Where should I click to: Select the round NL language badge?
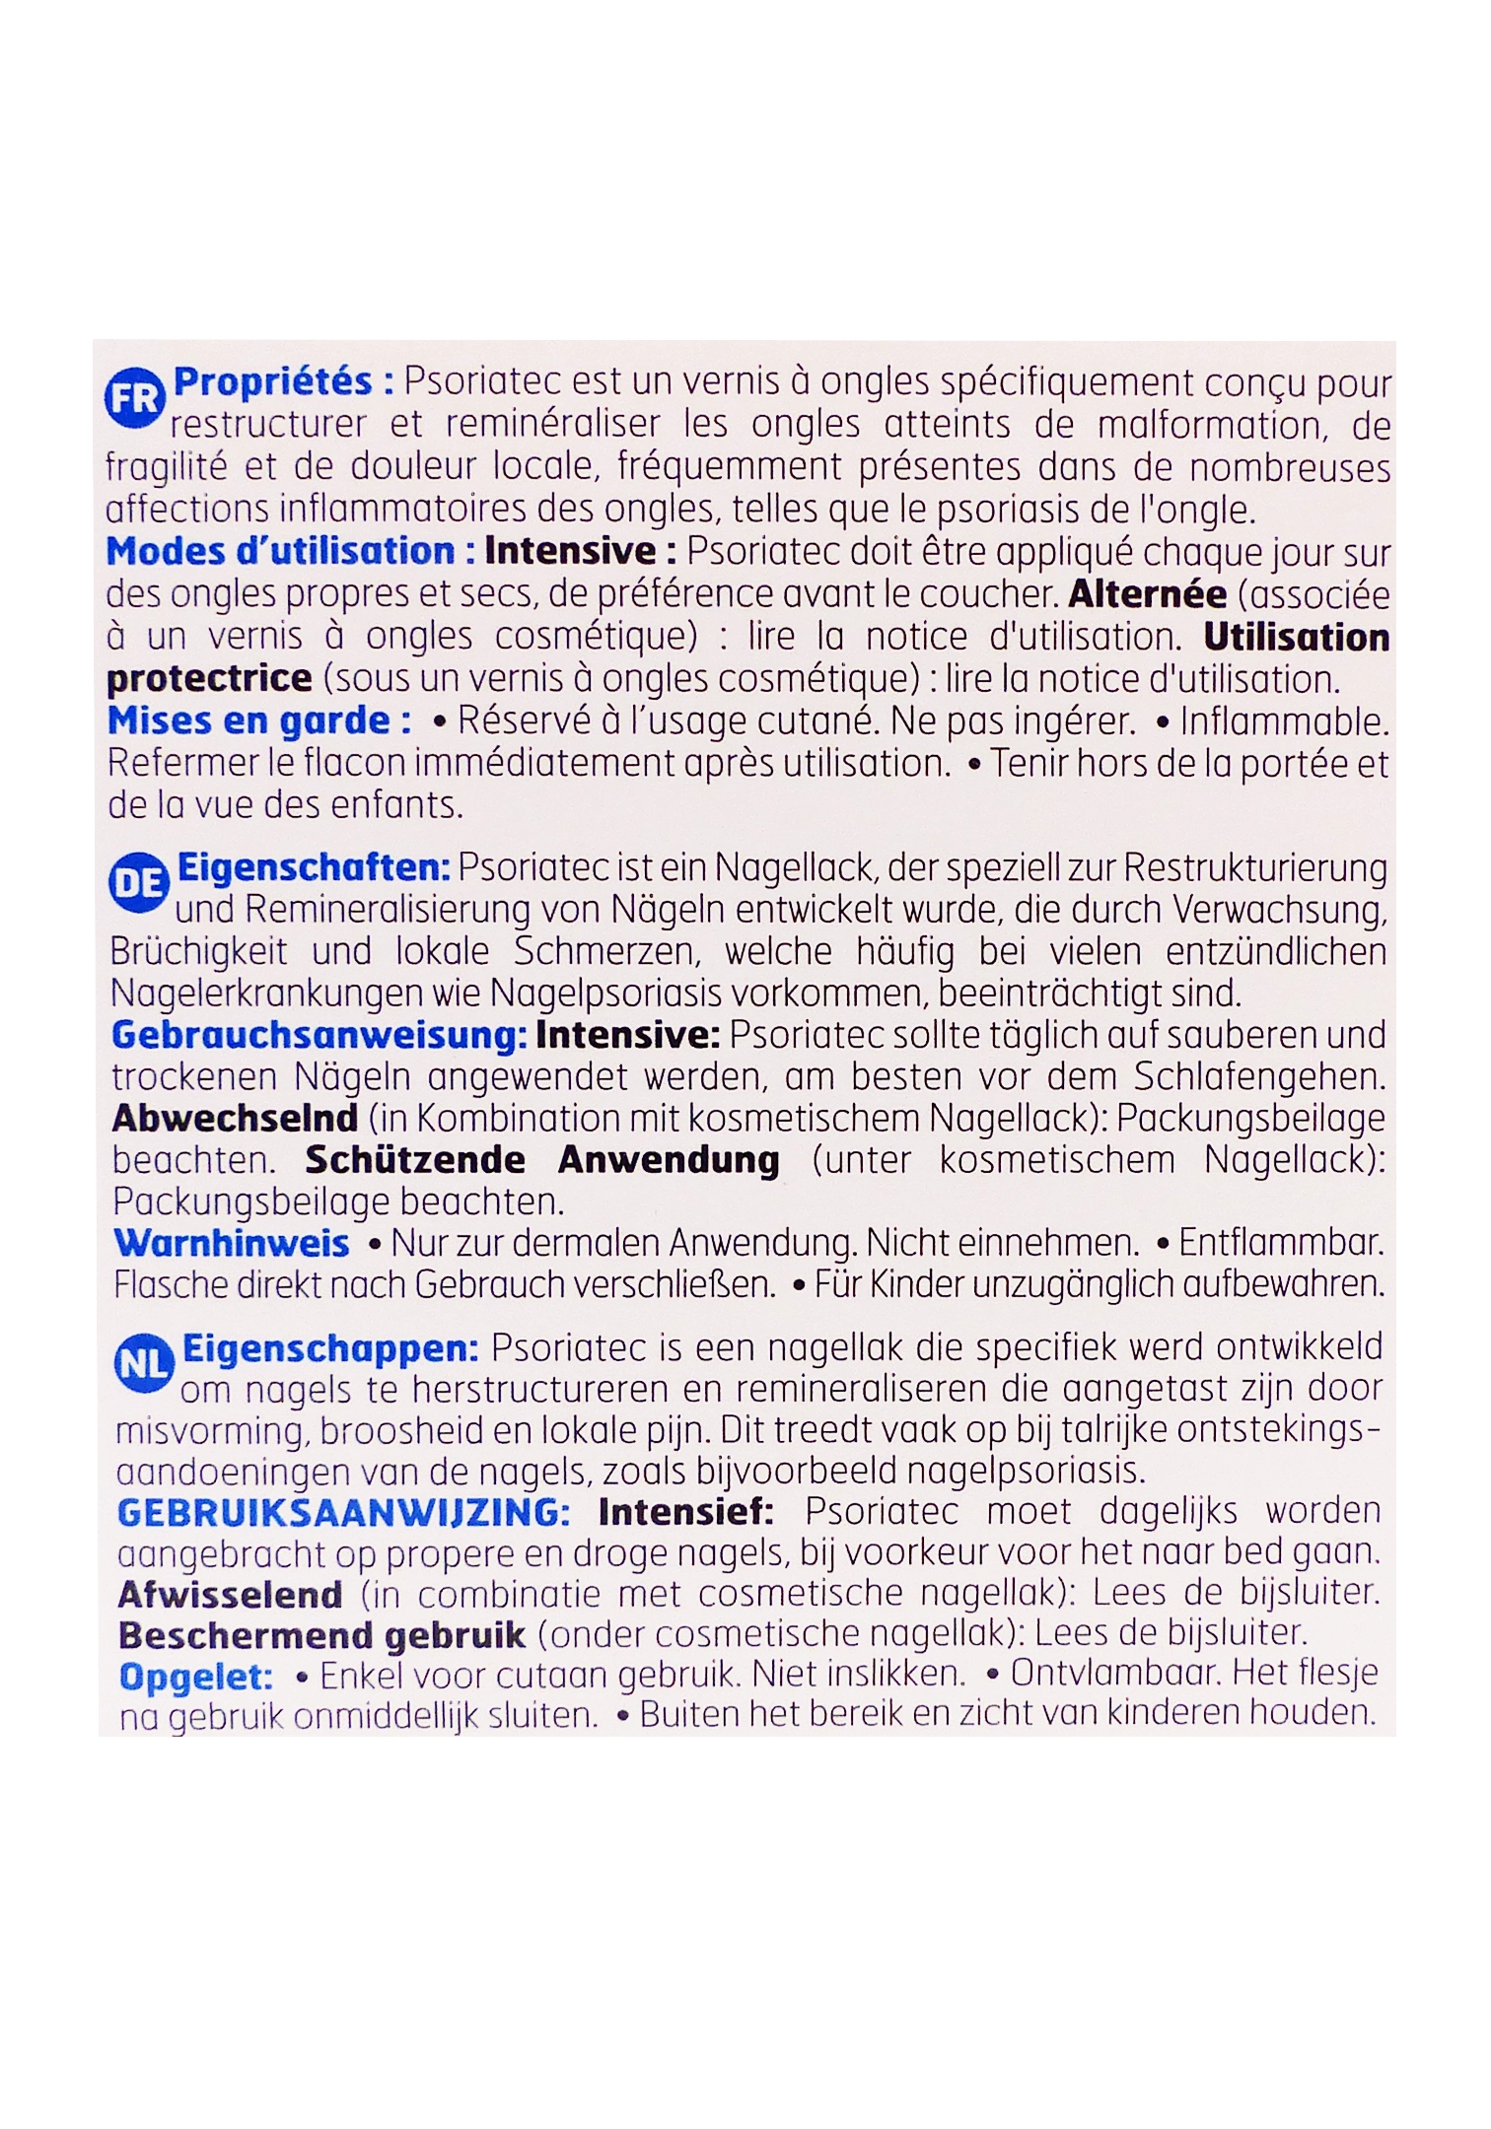[x=144, y=1364]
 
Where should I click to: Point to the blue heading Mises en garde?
[x=259, y=721]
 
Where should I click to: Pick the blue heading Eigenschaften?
[x=314, y=867]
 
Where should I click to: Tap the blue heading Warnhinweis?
[x=232, y=1243]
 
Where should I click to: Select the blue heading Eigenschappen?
[x=331, y=1348]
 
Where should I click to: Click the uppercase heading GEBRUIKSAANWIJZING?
[x=343, y=1512]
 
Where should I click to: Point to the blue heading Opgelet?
[x=196, y=1677]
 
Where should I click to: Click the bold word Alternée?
[x=1148, y=594]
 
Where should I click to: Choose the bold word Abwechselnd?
[x=235, y=1119]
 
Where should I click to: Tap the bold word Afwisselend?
[x=231, y=1594]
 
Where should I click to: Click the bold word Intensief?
[x=686, y=1512]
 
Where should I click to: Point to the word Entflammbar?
[x=1281, y=1243]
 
